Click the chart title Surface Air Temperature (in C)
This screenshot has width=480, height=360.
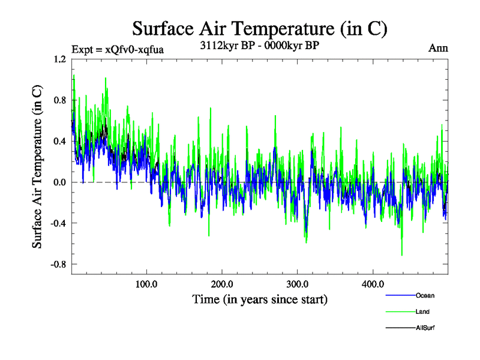click(259, 28)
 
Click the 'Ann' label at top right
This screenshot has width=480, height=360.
click(438, 48)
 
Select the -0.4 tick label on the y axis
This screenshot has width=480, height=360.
click(58, 223)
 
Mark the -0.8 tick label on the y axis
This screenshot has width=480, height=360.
click(58, 264)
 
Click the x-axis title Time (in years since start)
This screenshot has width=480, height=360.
click(260, 299)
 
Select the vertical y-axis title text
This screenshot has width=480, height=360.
click(37, 167)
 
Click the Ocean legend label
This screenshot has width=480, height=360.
click(425, 295)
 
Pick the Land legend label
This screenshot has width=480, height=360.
click(422, 311)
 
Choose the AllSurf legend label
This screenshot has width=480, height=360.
click(425, 328)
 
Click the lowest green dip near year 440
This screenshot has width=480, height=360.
click(402, 255)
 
